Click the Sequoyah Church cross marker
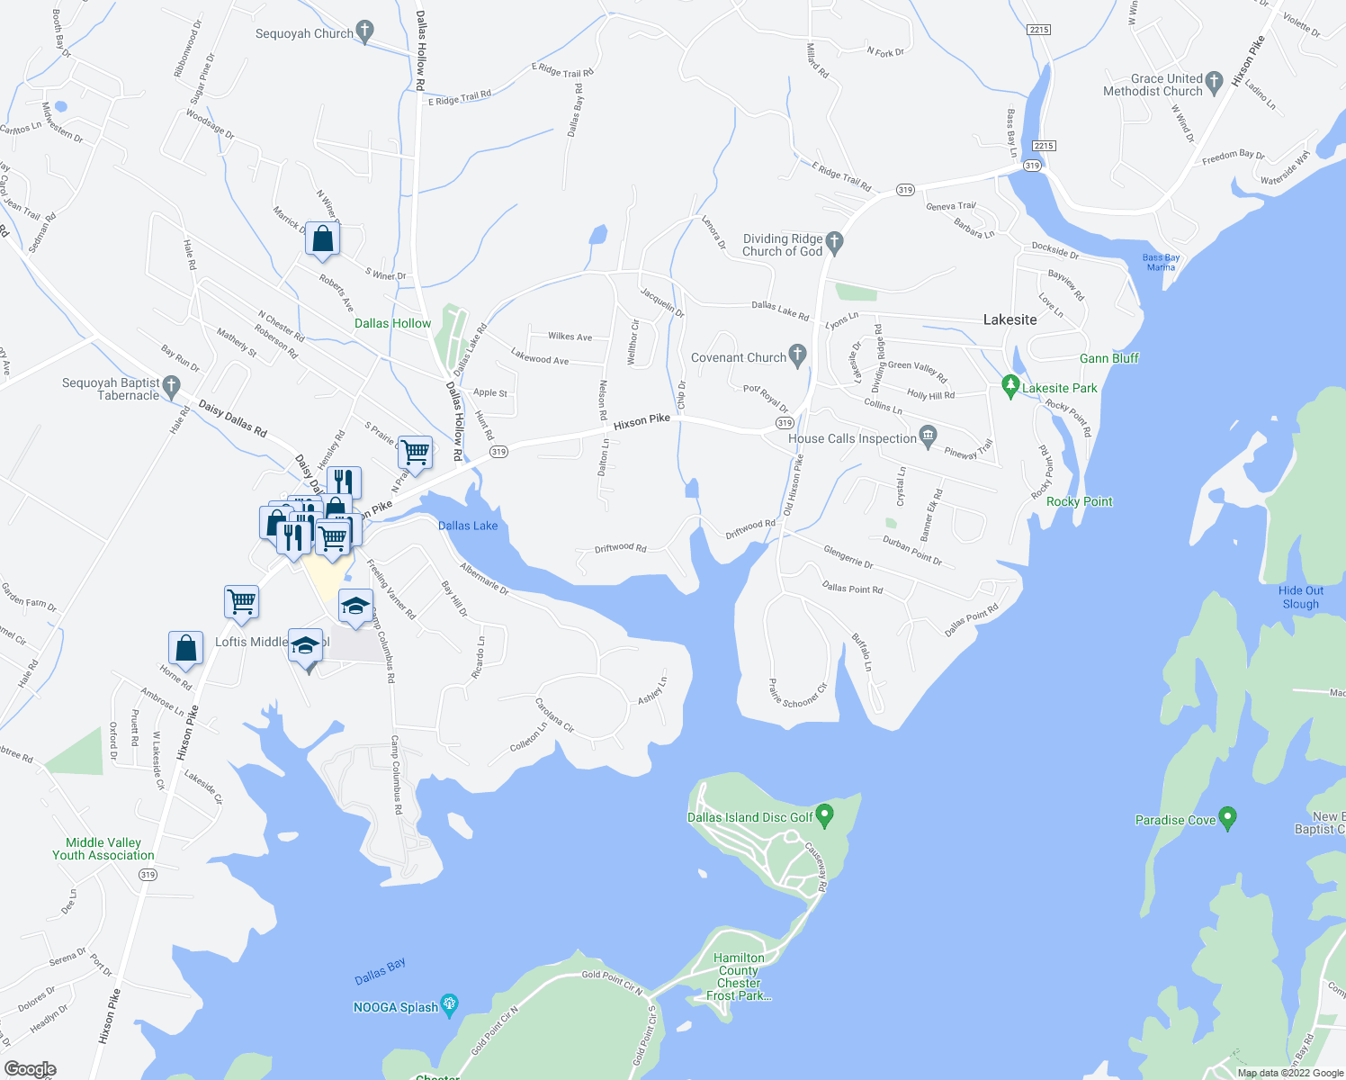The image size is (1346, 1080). (364, 31)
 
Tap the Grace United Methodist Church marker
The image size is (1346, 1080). (1214, 82)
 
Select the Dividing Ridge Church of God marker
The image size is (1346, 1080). (834, 241)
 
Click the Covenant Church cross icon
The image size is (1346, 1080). (797, 355)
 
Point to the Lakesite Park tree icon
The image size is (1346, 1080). (1010, 387)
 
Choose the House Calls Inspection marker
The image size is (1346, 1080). (929, 436)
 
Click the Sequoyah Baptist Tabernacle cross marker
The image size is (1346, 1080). (172, 386)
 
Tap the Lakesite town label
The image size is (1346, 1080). (1009, 319)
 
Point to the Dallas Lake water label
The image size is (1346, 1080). (468, 526)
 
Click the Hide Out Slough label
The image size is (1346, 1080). (1300, 598)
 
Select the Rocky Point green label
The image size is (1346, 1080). (1079, 501)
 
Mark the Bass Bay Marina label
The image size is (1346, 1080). (1161, 262)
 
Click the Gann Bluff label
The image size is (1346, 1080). (1108, 358)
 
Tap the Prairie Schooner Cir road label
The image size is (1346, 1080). (798, 694)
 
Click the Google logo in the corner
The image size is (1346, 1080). (30, 1068)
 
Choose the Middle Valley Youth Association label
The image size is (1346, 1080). (103, 849)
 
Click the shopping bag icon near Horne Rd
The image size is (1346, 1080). (185, 648)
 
